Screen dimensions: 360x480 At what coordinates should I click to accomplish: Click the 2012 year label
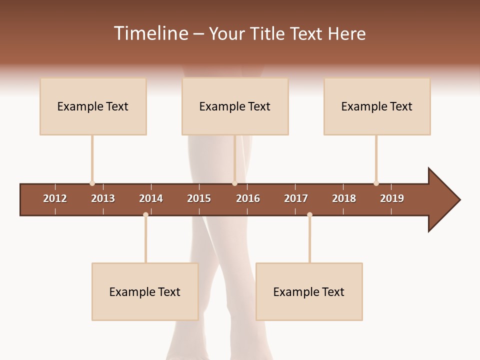tap(55, 198)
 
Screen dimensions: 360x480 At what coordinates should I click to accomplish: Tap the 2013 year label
tap(103, 198)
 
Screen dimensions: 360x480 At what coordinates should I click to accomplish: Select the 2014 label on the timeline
tap(151, 198)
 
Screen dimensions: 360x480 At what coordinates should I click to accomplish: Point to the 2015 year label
tap(199, 198)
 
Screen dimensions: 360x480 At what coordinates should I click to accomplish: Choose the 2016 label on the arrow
tap(248, 198)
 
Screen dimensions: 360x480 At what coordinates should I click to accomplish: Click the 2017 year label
tap(296, 198)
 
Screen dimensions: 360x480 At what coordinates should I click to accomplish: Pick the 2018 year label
tap(344, 198)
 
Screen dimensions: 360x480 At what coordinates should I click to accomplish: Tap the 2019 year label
tap(392, 198)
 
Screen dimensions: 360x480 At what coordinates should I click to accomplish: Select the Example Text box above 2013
tap(93, 106)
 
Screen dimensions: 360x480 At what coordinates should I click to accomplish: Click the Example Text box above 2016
tap(235, 106)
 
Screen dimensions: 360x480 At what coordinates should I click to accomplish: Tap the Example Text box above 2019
tap(377, 106)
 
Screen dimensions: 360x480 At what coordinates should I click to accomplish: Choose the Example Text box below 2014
tap(145, 292)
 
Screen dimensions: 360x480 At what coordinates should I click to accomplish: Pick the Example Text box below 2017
tap(309, 292)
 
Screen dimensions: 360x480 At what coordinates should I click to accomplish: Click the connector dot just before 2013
tap(92, 183)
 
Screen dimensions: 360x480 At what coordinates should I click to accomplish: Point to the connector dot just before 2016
tap(234, 183)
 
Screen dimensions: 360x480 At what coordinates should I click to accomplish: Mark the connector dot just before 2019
tap(376, 183)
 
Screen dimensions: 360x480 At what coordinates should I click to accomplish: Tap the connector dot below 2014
tap(145, 214)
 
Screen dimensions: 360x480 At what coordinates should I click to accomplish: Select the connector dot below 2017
tap(309, 214)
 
